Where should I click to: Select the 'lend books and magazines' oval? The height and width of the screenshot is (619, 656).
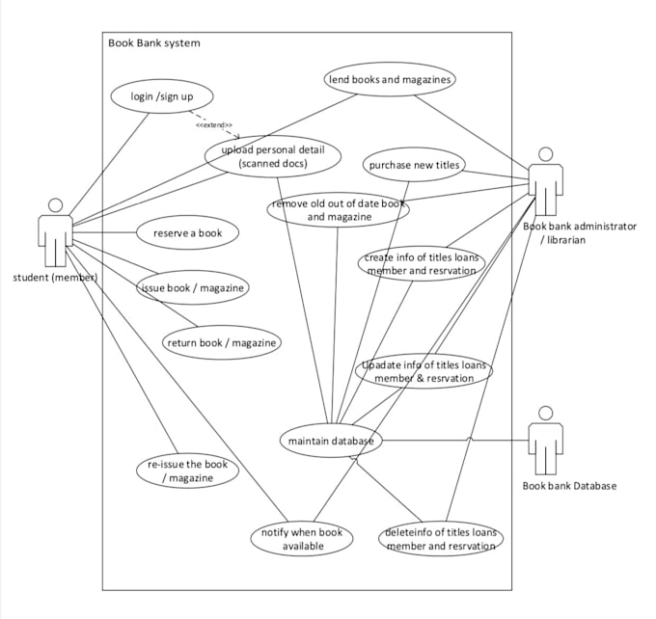pyautogui.click(x=390, y=80)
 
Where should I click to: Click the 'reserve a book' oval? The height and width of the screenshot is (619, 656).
pyautogui.click(x=187, y=232)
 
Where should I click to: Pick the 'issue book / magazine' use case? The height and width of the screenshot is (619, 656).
pyautogui.click(x=193, y=287)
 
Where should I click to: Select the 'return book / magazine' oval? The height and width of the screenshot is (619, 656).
pyautogui.click(x=222, y=342)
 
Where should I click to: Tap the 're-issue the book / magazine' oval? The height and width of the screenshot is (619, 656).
pyautogui.click(x=187, y=471)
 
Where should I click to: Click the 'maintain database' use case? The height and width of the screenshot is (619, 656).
pyautogui.click(x=331, y=441)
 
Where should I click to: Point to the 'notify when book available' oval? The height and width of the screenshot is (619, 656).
pyautogui.click(x=302, y=539)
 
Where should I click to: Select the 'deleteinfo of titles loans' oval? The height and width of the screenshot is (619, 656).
pyautogui.click(x=441, y=539)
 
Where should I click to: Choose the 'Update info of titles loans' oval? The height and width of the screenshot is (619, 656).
pyautogui.click(x=424, y=372)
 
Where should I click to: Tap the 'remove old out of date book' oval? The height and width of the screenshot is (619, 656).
pyautogui.click(x=339, y=211)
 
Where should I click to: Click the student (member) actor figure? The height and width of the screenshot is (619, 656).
pyautogui.click(x=55, y=232)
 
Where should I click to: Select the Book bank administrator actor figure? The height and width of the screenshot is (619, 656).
pyautogui.click(x=545, y=183)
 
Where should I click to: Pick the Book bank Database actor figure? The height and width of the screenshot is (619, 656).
pyautogui.click(x=546, y=440)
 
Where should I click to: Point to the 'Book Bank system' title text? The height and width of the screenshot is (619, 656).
pyautogui.click(x=154, y=42)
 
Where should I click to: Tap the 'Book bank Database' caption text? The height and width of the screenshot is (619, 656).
pyautogui.click(x=568, y=486)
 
